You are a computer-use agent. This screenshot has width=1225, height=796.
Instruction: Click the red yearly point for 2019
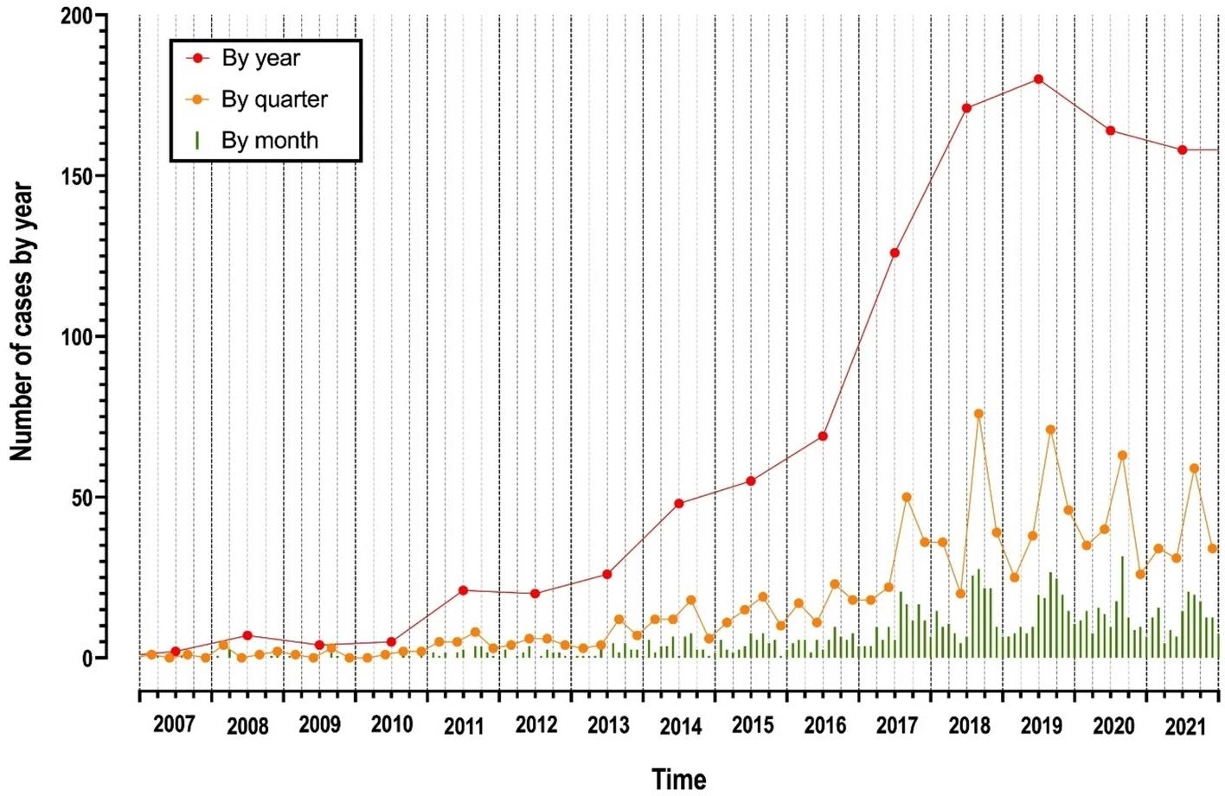tap(1038, 80)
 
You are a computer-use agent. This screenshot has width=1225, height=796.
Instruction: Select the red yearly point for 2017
tap(895, 253)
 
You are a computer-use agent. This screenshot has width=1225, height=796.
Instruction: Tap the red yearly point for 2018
tap(966, 108)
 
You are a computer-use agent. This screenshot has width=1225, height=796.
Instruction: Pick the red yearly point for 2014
tap(679, 503)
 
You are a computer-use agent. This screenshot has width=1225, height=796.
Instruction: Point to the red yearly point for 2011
tap(464, 590)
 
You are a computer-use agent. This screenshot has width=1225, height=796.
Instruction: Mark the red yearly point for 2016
tap(823, 436)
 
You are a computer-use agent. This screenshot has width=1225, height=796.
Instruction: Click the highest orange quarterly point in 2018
tap(978, 414)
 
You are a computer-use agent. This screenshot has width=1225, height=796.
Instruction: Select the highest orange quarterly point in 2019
tap(1050, 430)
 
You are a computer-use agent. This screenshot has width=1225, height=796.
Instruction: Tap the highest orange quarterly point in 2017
tap(907, 497)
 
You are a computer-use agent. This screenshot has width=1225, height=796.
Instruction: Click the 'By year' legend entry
tap(260, 59)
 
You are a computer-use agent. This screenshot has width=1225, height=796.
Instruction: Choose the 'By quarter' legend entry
tap(274, 99)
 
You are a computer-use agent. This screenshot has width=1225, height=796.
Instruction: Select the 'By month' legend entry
tap(269, 141)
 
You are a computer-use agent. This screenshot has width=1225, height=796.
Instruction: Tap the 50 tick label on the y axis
tap(83, 498)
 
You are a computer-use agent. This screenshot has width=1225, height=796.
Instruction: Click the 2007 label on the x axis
tap(174, 725)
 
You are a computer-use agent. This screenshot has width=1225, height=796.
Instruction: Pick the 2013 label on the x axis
tap(608, 725)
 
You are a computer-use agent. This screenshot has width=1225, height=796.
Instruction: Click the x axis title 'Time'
tap(679, 779)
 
